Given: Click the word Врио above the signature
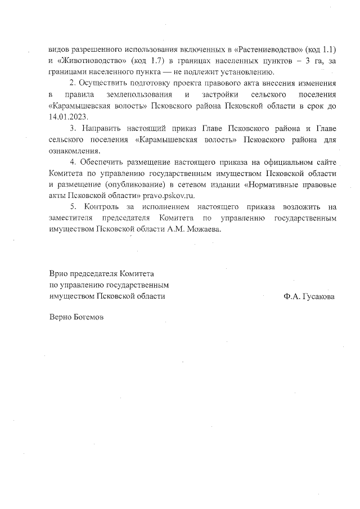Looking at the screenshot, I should (58, 274).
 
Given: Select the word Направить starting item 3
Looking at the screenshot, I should (107, 129).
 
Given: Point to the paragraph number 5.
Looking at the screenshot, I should (73, 206).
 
